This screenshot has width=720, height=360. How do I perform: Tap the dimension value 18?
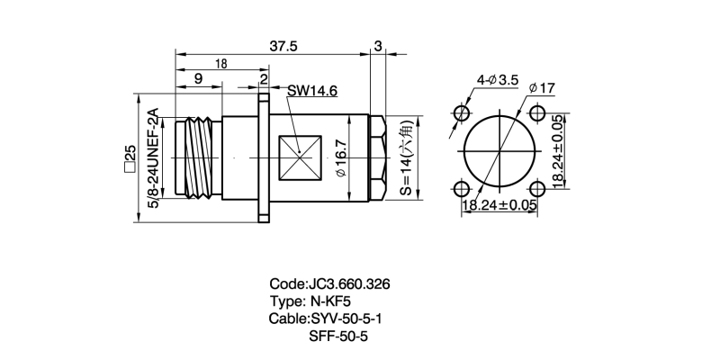[220, 63]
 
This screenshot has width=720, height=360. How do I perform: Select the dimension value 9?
[197, 79]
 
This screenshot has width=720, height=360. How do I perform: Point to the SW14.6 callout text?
[313, 91]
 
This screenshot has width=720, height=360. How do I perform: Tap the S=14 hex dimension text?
[406, 160]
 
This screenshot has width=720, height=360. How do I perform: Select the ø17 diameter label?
[543, 88]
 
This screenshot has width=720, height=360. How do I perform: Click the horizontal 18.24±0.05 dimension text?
[499, 205]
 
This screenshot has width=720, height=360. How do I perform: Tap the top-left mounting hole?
[463, 112]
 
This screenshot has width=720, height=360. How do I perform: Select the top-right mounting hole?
[537, 112]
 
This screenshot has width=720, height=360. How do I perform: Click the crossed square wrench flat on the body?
[300, 156]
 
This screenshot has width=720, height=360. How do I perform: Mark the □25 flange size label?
[130, 157]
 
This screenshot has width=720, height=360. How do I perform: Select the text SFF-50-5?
[338, 336]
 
